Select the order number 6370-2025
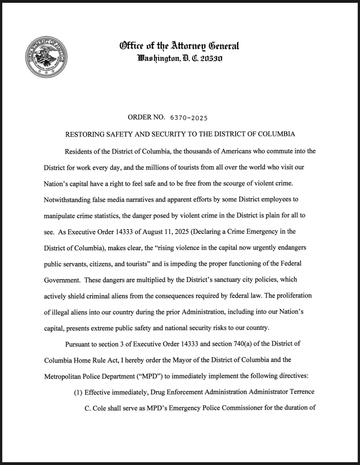(x=189, y=118)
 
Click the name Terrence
(x=302, y=392)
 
